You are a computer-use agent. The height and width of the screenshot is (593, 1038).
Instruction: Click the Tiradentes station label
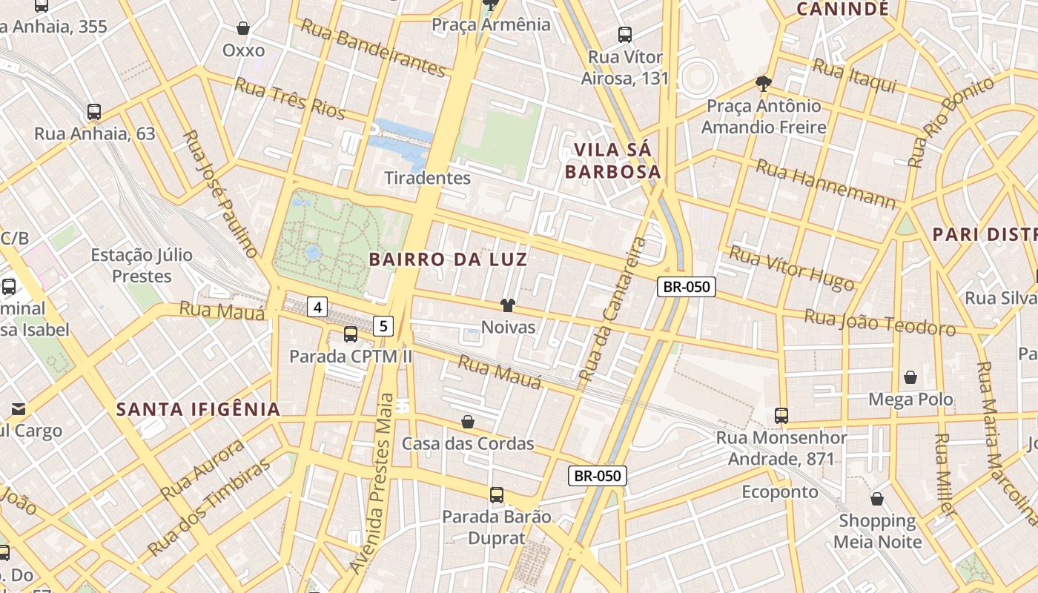pyautogui.click(x=427, y=178)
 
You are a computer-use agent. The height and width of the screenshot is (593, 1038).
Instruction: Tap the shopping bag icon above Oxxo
pyautogui.click(x=243, y=29)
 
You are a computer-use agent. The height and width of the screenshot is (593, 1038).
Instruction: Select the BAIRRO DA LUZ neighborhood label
pyautogui.click(x=448, y=259)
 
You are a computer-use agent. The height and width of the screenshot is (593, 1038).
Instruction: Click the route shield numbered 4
pyautogui.click(x=317, y=306)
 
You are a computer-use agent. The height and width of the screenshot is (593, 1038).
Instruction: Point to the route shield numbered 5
pyautogui.click(x=383, y=325)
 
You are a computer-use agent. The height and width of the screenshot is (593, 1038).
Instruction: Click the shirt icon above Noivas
pyautogui.click(x=508, y=305)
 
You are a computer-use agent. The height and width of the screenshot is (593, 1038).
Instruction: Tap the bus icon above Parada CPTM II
pyautogui.click(x=351, y=334)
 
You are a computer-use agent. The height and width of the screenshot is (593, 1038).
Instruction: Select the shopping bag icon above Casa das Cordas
pyautogui.click(x=468, y=422)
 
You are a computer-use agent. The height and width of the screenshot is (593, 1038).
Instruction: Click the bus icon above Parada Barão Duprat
pyautogui.click(x=497, y=494)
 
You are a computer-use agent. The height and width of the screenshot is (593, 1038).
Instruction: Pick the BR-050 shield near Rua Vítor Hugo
pyautogui.click(x=686, y=287)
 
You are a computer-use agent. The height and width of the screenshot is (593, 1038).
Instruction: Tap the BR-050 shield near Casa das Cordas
pyautogui.click(x=598, y=476)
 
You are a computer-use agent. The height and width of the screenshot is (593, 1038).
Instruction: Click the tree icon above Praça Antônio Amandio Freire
pyautogui.click(x=763, y=83)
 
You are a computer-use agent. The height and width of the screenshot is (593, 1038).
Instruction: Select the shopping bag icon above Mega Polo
pyautogui.click(x=910, y=377)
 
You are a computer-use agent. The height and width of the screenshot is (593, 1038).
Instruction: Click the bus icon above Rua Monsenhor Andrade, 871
pyautogui.click(x=781, y=415)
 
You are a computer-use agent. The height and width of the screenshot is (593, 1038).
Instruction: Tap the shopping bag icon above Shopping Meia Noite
pyautogui.click(x=877, y=499)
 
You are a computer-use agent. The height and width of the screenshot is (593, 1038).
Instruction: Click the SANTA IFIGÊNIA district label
pyautogui.click(x=199, y=409)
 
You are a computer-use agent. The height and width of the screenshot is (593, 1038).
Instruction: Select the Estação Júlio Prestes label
pyautogui.click(x=142, y=265)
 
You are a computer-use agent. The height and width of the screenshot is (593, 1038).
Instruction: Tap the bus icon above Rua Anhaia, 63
pyautogui.click(x=94, y=112)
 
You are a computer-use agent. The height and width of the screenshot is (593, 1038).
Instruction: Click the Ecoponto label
pyautogui.click(x=780, y=492)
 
